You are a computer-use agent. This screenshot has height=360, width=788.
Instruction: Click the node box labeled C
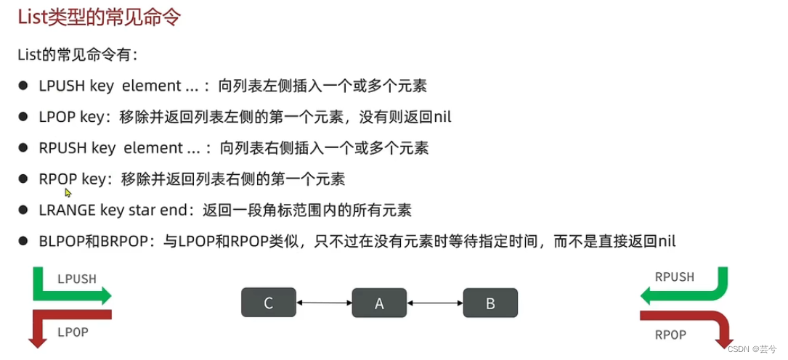(269, 303)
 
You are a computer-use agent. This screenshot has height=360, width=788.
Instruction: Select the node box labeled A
(379, 303)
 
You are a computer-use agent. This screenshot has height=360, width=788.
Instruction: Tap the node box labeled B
(490, 303)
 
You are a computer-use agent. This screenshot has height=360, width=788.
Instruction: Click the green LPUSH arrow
(73, 295)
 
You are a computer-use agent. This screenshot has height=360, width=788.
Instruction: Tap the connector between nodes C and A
(324, 303)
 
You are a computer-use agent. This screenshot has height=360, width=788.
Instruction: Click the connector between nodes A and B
(435, 303)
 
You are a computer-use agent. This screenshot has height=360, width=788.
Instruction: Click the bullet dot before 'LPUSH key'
(23, 86)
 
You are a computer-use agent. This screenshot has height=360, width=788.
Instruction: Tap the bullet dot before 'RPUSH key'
(23, 148)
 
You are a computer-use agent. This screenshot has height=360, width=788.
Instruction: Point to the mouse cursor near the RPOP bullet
(68, 192)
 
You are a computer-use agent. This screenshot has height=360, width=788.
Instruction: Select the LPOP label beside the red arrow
(73, 332)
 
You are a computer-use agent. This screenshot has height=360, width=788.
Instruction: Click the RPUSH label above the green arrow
(674, 277)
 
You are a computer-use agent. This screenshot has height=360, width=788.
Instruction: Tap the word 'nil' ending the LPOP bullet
(441, 117)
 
